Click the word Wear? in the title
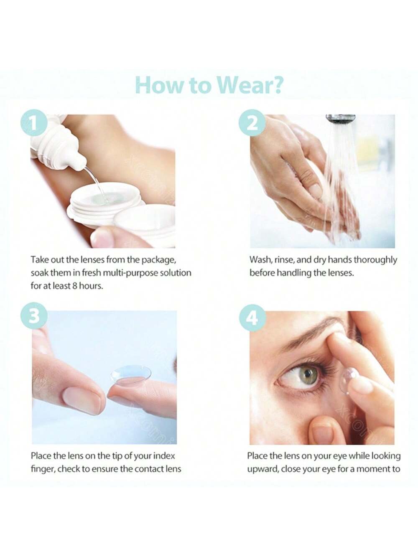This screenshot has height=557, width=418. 250,85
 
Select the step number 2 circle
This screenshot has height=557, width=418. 252,124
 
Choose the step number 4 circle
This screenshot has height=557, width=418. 252,318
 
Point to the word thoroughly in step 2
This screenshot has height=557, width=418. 375,260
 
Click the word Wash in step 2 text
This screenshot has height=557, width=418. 260,260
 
